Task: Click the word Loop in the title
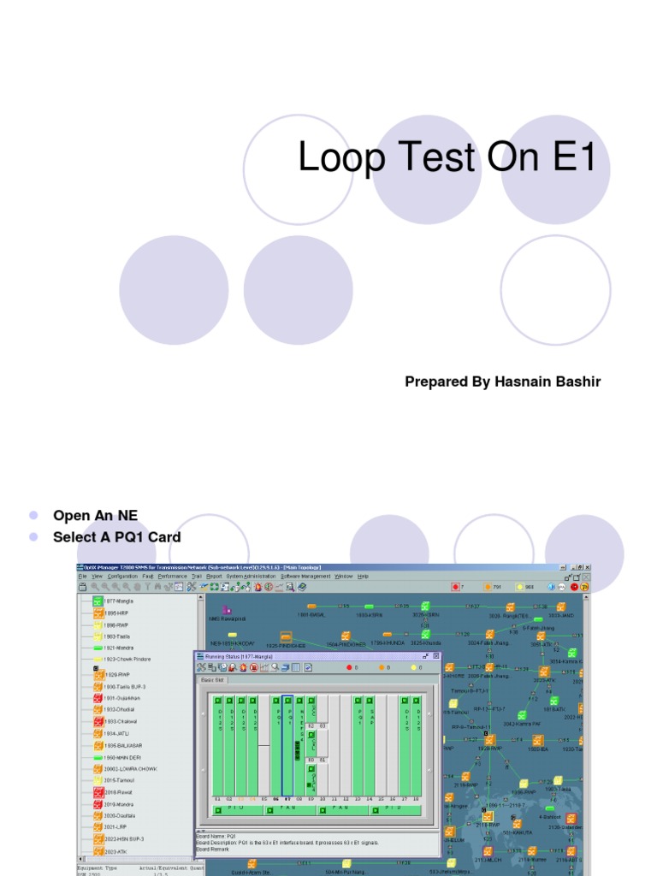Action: point(338,158)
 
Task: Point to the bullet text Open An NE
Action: point(95,515)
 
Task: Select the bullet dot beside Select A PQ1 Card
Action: point(34,537)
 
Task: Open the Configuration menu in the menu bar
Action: point(122,577)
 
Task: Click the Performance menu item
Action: point(172,577)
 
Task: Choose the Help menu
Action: point(364,577)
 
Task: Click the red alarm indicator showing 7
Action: point(455,587)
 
